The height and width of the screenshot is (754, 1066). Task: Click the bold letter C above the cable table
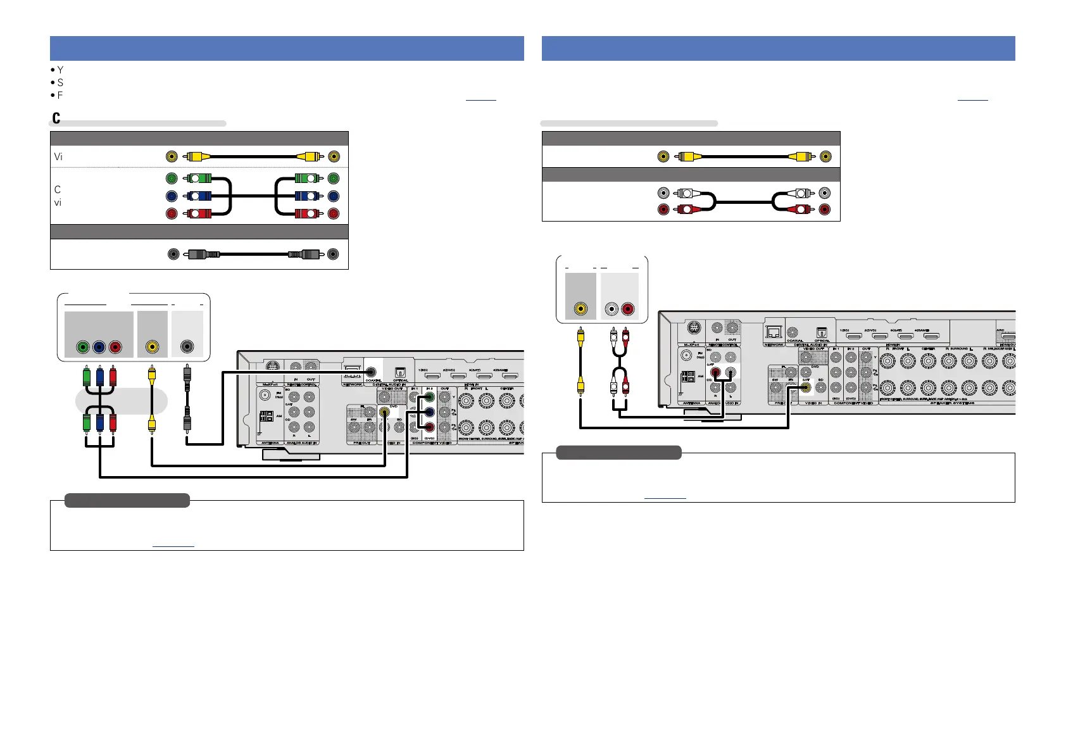56,118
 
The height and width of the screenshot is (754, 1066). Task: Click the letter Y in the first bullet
60,70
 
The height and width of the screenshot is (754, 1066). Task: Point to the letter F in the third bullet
60,96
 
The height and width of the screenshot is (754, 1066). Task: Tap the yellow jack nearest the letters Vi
172,156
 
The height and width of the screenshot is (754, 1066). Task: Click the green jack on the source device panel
82,347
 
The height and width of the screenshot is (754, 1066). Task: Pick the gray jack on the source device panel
187,347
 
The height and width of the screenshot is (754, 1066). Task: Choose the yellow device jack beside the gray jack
152,347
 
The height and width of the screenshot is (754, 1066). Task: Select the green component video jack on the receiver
429,398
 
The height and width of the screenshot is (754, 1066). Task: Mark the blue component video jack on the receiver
429,412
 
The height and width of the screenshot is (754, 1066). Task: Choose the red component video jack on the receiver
429,427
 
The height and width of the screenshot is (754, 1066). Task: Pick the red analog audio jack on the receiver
715,373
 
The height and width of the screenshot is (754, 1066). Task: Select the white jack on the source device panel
611,310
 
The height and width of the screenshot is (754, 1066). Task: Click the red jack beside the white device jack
627,310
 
